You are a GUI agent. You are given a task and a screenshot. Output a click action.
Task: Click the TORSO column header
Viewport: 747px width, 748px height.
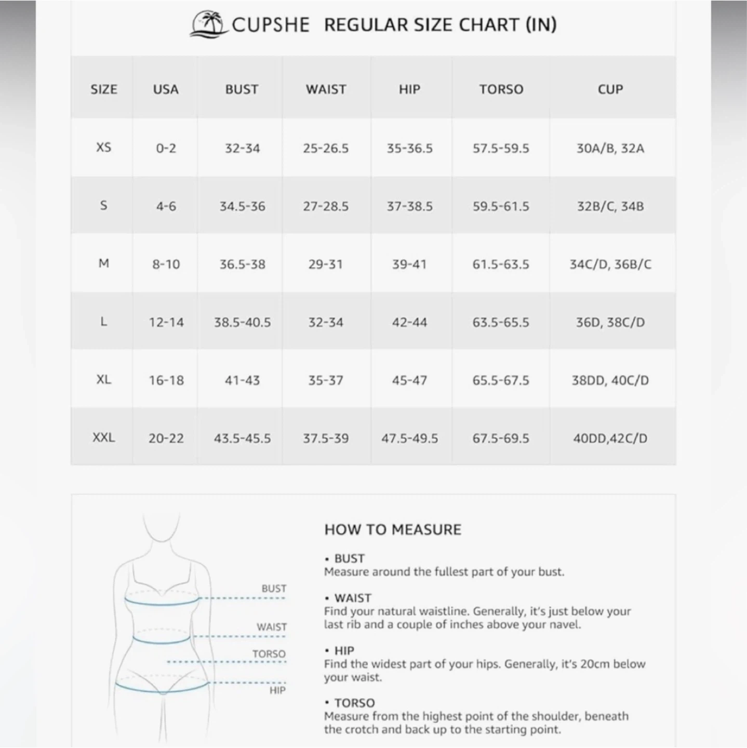[x=501, y=89]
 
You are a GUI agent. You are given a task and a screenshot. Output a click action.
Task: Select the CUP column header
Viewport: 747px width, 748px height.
[x=610, y=89]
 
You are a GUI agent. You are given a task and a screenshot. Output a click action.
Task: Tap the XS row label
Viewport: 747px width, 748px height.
[x=104, y=148]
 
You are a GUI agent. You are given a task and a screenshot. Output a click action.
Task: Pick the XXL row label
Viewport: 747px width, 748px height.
[x=104, y=438]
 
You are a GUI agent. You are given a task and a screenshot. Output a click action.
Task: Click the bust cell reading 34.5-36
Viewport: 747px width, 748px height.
[x=242, y=206]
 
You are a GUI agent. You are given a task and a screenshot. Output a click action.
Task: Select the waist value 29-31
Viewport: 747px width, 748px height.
[x=326, y=264]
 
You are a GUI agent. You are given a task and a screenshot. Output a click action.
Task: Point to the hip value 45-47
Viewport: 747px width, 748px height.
[x=409, y=380]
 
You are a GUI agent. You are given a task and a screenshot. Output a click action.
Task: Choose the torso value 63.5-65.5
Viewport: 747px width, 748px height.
[x=501, y=322]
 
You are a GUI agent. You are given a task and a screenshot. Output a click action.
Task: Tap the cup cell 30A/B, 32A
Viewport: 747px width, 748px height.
[x=610, y=148]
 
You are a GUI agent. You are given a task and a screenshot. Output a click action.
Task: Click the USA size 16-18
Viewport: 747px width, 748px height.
[x=166, y=380]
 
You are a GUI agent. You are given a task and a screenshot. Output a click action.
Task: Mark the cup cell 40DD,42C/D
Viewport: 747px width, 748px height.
[x=610, y=438]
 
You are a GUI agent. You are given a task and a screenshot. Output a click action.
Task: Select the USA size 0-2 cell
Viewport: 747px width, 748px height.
[x=166, y=148]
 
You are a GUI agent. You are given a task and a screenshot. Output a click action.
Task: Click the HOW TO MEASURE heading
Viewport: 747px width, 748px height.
[x=393, y=530]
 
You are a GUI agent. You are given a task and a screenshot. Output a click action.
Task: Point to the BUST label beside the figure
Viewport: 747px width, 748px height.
[x=274, y=589]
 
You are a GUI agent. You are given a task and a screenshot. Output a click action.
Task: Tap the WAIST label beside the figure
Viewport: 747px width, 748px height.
[x=272, y=627]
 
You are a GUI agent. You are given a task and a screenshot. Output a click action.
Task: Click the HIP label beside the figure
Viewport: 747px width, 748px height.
[x=277, y=690]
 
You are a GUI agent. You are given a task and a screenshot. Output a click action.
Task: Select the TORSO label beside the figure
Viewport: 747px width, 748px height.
[x=269, y=654]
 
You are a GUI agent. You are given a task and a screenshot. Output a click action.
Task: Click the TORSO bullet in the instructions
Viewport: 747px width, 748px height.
[x=354, y=703]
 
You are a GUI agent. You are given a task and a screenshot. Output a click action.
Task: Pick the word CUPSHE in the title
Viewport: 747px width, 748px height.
[x=270, y=24]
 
